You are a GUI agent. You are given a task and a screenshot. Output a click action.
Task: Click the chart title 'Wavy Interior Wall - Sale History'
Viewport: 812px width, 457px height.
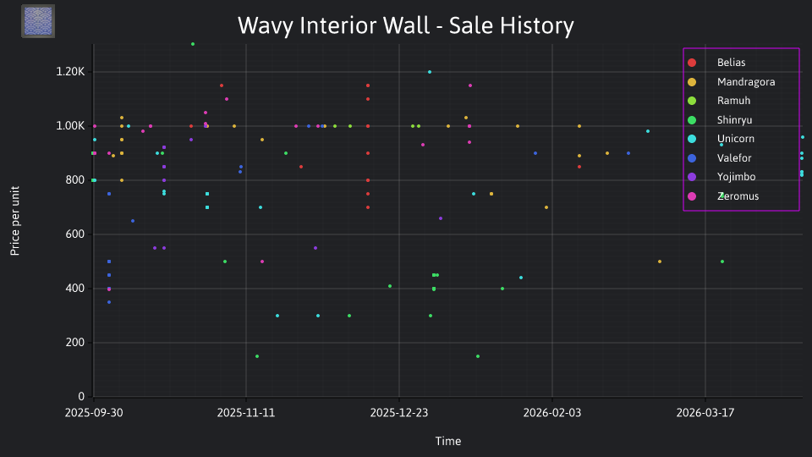pos(405,25)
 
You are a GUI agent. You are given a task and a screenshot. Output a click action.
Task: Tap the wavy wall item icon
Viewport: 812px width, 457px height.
pos(38,21)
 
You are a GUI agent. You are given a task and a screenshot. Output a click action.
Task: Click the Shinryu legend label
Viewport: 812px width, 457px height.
pos(734,120)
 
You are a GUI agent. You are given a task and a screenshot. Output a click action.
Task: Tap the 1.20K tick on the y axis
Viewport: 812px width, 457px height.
pos(70,71)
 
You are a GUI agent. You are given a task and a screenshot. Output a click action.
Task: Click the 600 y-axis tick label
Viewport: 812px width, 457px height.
pos(74,234)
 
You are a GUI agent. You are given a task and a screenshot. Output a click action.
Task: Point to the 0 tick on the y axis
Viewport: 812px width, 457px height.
pos(81,396)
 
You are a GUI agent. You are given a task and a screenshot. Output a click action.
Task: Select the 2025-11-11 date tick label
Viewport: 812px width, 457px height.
pos(246,413)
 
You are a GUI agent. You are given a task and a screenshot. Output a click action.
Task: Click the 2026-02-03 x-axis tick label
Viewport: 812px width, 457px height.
pos(552,413)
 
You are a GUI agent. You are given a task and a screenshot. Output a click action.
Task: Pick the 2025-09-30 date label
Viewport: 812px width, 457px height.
pos(94,413)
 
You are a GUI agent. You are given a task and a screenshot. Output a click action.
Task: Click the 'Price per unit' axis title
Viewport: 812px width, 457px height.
pos(15,221)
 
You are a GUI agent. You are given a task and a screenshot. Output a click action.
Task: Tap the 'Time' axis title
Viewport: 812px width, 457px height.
pos(448,442)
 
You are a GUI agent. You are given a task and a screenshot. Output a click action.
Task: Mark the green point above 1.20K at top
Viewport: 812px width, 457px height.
pos(193,44)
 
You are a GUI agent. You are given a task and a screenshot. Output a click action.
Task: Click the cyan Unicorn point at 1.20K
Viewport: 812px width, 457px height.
pos(430,72)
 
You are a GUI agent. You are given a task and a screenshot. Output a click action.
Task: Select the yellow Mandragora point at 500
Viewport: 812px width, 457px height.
pos(659,262)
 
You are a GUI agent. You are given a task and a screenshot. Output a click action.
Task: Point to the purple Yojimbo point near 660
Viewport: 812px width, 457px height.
pos(441,218)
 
